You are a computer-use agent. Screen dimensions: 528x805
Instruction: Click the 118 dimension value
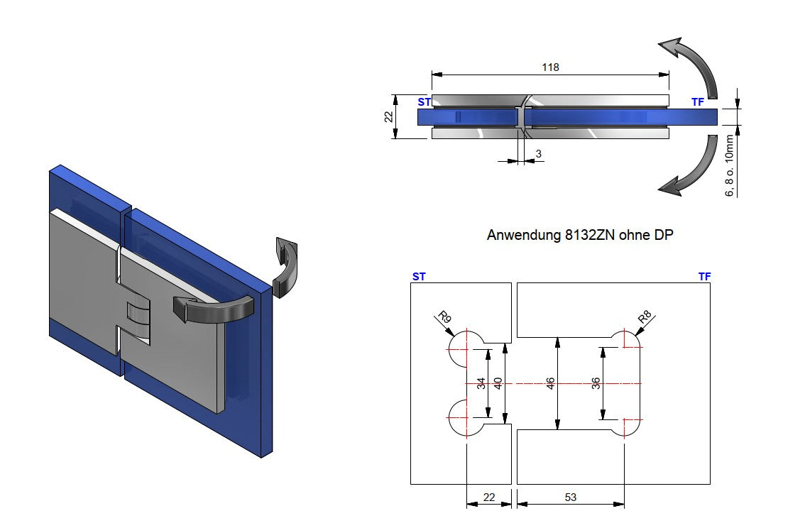[x=550, y=67]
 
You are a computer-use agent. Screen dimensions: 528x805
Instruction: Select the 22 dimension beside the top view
[x=388, y=116]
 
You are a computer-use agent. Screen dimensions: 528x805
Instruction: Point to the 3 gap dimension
[x=539, y=153]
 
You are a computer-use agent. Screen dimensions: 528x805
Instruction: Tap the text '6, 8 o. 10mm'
[x=729, y=167]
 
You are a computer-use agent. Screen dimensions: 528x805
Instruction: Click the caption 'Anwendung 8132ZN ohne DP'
[x=579, y=235]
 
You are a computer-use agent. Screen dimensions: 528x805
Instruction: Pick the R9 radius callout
[x=444, y=317]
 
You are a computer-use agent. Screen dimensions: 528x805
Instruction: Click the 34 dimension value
[x=481, y=383]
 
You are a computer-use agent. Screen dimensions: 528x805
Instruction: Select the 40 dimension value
[x=498, y=383]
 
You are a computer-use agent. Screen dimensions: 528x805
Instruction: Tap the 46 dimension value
[x=550, y=383]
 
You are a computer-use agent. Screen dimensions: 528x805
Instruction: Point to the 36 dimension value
[x=596, y=383]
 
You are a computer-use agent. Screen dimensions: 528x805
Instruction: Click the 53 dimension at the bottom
[x=570, y=497]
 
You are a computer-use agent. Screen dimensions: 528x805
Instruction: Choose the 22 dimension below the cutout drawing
[x=488, y=497]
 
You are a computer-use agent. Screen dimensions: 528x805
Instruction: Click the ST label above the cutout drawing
[x=419, y=276]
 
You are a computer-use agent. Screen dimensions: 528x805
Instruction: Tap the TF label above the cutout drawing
[x=703, y=276]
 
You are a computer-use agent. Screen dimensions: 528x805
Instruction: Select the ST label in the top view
[x=424, y=102]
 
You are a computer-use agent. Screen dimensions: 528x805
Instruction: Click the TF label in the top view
[x=698, y=102]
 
